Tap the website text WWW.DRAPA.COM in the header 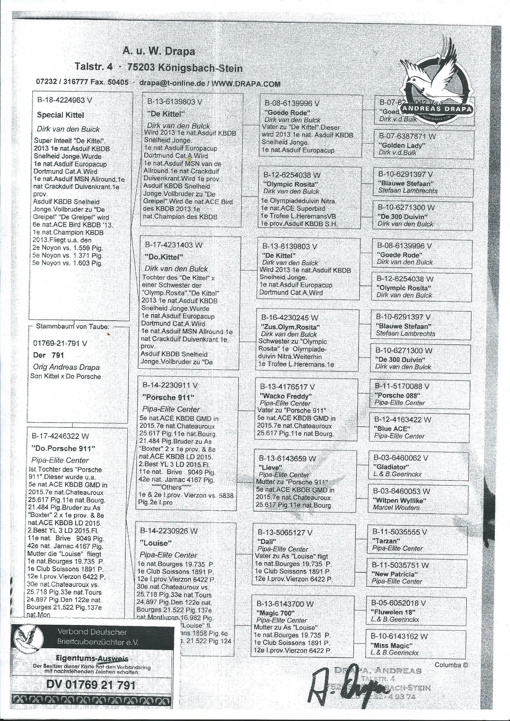tap(246, 84)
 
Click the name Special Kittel tap(61, 115)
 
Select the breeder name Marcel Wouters tap(396, 508)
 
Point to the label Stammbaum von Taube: tap(73, 326)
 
